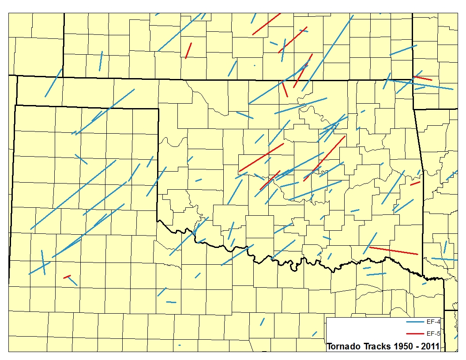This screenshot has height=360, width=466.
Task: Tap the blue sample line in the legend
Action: (x=415, y=322)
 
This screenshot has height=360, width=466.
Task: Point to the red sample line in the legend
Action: (x=415, y=334)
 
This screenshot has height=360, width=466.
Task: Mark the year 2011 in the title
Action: (x=429, y=346)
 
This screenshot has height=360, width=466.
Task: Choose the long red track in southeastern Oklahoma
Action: (x=393, y=251)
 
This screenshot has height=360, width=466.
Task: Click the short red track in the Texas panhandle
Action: (x=67, y=277)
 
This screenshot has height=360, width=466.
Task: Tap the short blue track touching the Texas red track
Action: (x=73, y=281)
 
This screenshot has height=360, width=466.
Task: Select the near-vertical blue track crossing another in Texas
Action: (x=43, y=262)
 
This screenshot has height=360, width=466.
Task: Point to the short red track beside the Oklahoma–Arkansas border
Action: (x=415, y=183)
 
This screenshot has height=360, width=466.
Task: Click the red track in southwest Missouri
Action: (x=423, y=78)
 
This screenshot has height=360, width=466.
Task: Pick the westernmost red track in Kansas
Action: (x=189, y=50)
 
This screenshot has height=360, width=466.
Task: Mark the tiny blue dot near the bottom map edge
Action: (x=180, y=345)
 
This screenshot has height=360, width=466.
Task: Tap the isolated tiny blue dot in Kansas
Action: (x=255, y=65)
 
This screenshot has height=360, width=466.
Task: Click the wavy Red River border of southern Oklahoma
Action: (x=282, y=261)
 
